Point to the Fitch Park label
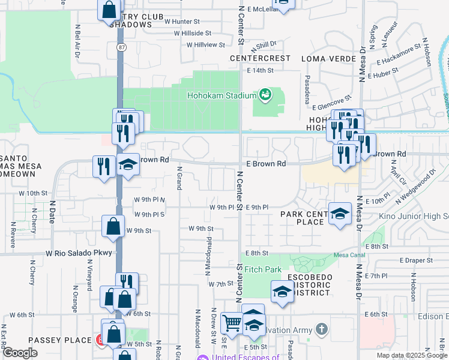263,270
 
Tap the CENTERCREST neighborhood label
260,59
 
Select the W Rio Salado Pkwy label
79,253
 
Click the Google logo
20,353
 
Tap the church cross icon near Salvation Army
322,329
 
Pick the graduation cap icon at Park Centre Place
339,213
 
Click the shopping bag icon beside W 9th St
113,226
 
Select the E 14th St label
260,70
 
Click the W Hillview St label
205,45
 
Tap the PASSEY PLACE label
62,340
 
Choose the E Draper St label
416,260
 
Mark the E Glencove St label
332,106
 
